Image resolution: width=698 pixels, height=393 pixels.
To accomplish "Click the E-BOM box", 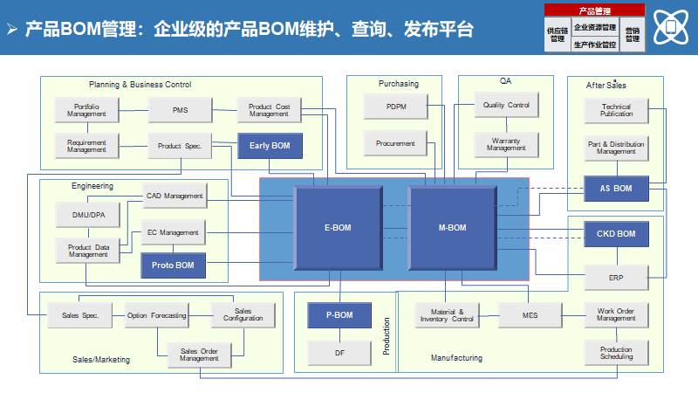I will click(x=337, y=228).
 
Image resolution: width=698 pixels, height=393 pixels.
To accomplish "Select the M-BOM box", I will click(x=452, y=228).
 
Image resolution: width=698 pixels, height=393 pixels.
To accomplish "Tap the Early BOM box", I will click(x=270, y=146).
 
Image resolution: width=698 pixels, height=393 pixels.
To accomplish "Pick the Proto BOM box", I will click(x=174, y=265).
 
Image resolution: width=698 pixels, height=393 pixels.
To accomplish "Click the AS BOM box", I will click(x=616, y=189).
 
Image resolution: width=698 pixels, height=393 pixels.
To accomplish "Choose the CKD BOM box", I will click(x=616, y=234).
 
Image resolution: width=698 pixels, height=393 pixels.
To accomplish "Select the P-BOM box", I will click(x=339, y=314).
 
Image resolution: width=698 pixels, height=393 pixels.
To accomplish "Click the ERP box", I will click(x=616, y=278).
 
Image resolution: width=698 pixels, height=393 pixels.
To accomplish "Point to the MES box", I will click(x=530, y=314).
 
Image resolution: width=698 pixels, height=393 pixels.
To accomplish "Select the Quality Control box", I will click(x=506, y=106).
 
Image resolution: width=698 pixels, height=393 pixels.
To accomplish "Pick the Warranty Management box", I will click(x=506, y=144).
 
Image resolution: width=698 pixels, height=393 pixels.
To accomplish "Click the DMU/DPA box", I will click(x=88, y=213).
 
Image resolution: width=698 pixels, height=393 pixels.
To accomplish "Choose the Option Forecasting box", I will click(x=156, y=315).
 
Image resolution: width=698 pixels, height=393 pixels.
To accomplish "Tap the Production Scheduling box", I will click(x=616, y=353).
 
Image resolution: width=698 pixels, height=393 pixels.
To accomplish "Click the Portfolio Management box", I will click(x=87, y=110).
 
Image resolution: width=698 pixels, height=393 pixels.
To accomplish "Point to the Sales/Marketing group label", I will click(x=101, y=359).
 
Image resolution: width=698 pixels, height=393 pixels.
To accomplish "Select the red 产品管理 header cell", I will click(x=594, y=10).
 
